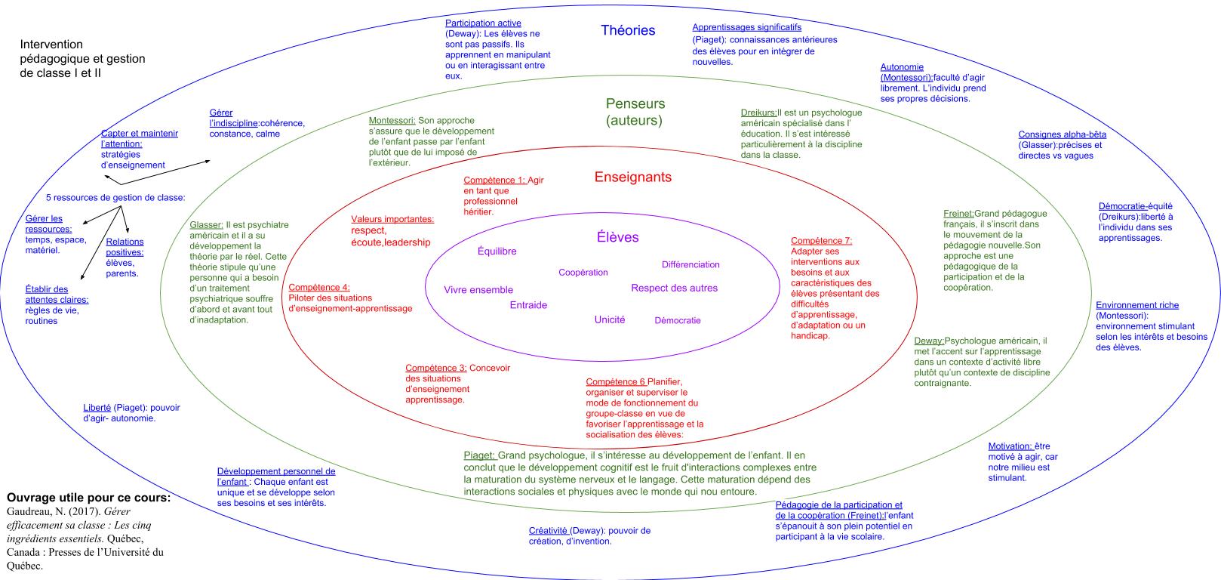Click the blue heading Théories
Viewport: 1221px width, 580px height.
[627, 30]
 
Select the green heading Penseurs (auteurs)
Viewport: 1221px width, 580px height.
[635, 112]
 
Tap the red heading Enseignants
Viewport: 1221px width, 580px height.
[632, 177]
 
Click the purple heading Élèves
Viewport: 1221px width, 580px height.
[617, 237]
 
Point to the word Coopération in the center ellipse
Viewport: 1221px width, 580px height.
[583, 272]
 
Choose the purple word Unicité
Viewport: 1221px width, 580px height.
[609, 319]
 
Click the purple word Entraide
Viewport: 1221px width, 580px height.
[528, 305]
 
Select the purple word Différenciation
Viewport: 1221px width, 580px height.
[690, 264]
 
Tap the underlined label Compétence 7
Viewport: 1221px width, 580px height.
[821, 241]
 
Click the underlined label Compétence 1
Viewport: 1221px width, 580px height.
[494, 180]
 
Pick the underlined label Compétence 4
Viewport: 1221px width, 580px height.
[319, 288]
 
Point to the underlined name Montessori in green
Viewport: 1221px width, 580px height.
[392, 121]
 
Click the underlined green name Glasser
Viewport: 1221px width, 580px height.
[206, 225]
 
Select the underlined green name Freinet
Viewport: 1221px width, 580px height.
[958, 214]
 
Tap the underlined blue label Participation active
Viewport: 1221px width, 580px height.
[483, 23]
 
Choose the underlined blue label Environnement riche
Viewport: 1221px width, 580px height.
[1136, 305]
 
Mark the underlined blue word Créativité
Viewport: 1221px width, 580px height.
[548, 530]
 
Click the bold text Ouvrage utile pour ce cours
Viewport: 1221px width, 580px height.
[88, 498]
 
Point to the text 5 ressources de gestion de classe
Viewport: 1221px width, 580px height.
[115, 198]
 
